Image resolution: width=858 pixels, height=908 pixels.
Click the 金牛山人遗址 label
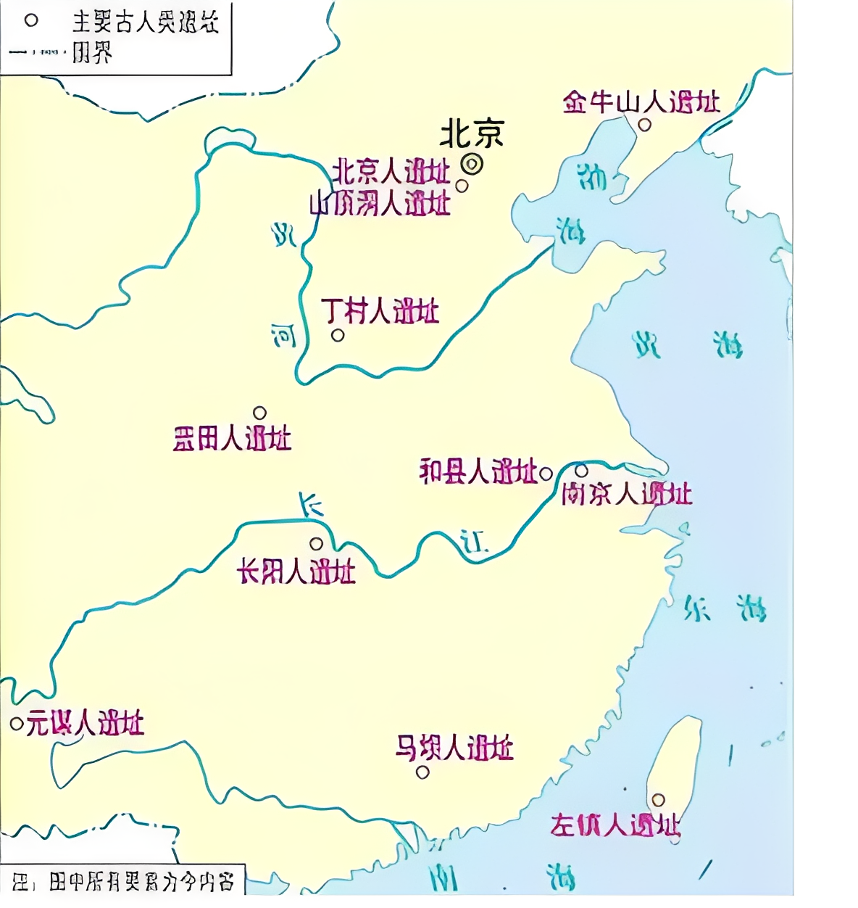point(641,102)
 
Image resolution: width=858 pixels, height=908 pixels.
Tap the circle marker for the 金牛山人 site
point(644,125)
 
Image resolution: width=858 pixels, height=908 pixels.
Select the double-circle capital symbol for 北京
point(472,165)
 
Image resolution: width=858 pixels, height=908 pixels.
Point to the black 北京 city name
point(472,134)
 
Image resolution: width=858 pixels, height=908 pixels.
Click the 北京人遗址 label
point(391,173)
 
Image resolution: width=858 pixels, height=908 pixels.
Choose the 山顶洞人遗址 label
point(380,204)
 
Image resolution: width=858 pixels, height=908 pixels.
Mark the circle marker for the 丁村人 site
point(338,335)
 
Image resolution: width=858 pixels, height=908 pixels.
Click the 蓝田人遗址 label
point(232,439)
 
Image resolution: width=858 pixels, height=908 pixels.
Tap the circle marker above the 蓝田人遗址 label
point(259,413)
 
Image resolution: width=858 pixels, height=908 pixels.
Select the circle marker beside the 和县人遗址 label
point(546,474)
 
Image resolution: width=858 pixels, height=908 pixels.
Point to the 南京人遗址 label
point(627,495)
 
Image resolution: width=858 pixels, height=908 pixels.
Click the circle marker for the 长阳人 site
point(316,544)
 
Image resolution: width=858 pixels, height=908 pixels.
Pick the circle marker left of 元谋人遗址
point(16,724)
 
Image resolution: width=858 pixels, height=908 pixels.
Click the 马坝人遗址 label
point(454,748)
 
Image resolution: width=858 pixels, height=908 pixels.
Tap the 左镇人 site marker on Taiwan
point(658,800)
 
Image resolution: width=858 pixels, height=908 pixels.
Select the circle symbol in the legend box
point(31,20)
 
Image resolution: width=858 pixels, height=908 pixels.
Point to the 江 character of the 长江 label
point(475,542)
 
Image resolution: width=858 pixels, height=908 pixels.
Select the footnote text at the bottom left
point(123,882)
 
